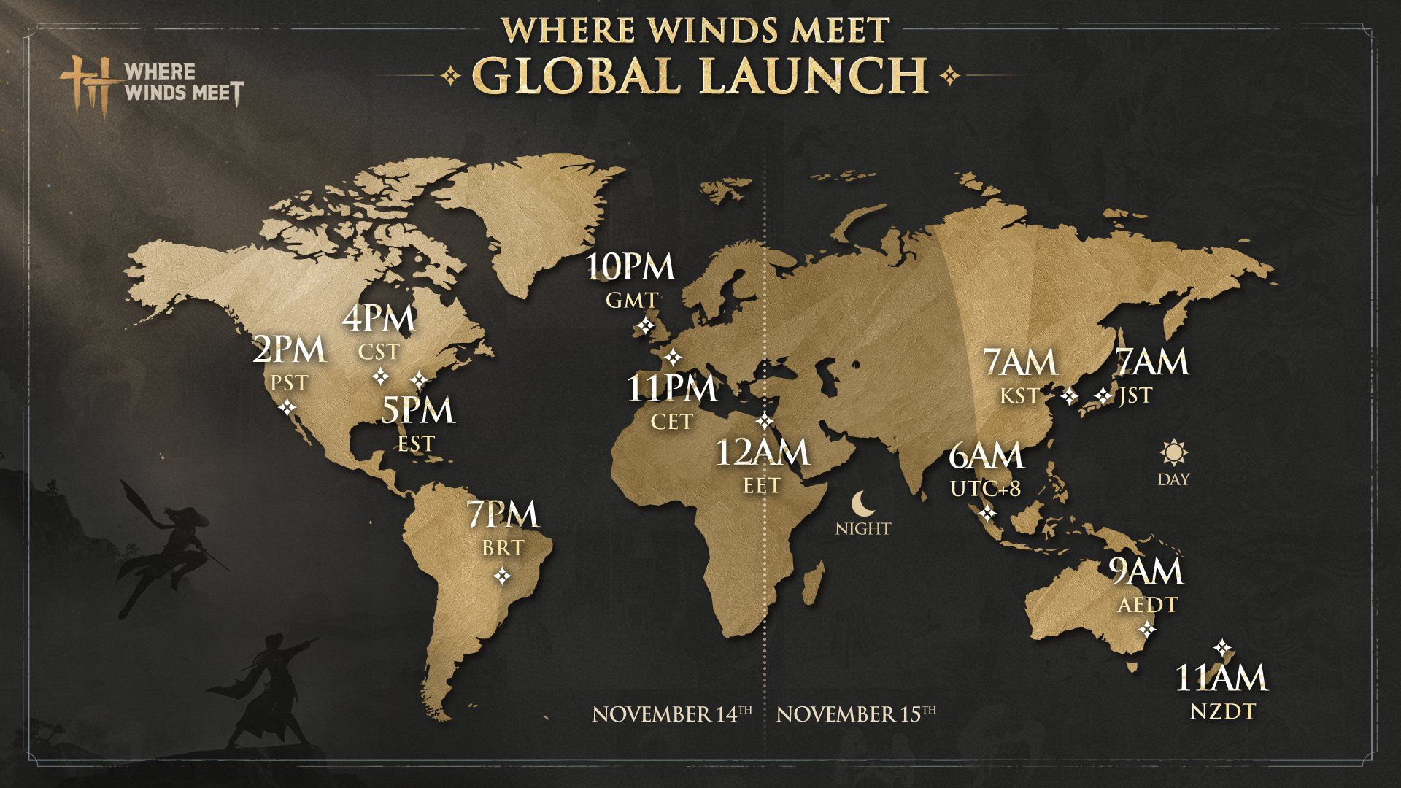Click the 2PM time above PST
(x=289, y=351)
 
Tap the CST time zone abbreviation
(x=379, y=352)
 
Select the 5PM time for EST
(x=418, y=411)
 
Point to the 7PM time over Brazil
(x=503, y=515)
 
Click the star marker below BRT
(x=503, y=576)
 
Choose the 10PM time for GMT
(x=631, y=268)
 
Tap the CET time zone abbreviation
(x=671, y=422)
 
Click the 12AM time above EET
(x=762, y=453)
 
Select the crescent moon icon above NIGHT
(x=862, y=503)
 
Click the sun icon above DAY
(x=1173, y=453)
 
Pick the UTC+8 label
(x=985, y=489)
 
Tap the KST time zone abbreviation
(x=1019, y=396)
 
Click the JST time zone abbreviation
(x=1135, y=396)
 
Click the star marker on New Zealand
(x=1222, y=648)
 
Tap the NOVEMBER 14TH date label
(x=672, y=713)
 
